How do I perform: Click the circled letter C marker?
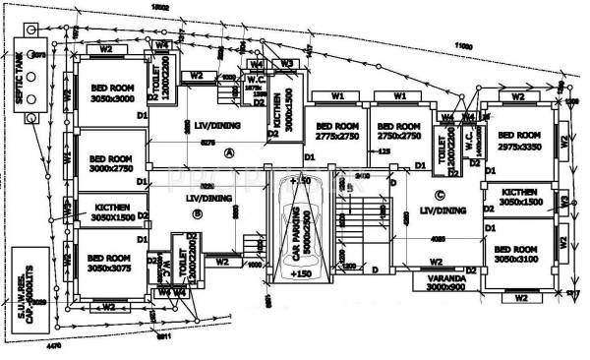[x=440, y=193]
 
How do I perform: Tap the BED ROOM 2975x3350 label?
[x=520, y=141]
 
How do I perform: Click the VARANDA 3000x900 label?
[x=433, y=281]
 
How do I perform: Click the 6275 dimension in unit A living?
[x=208, y=143]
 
